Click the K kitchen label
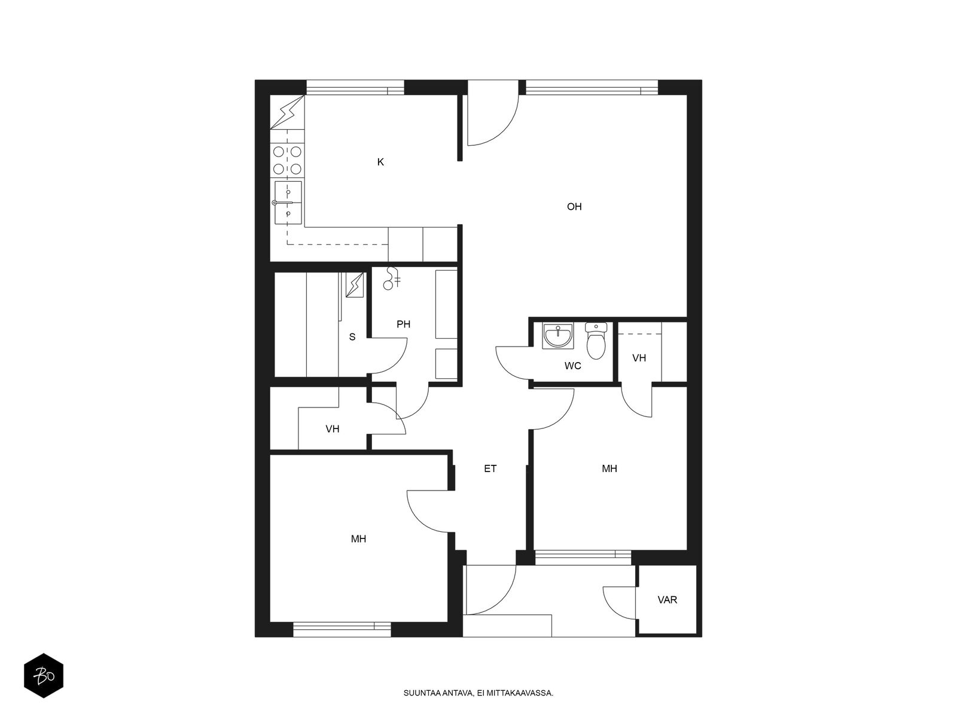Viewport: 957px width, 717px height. pos(380,162)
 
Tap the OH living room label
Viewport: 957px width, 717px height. pos(574,206)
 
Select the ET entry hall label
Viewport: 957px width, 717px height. pos(490,468)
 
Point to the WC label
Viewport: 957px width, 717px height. pos(572,366)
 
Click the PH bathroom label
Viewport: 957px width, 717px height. pos(403,324)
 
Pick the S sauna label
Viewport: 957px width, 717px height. pos(352,336)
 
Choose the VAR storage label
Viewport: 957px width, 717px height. pos(667,600)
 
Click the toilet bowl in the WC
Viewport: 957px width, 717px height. pos(596,341)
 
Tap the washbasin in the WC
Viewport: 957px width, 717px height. pos(557,336)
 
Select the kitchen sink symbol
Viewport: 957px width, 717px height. pos(288,203)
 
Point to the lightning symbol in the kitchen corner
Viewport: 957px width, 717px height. pos(287,112)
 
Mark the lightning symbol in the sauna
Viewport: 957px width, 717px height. pos(355,285)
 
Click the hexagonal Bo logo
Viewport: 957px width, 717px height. pos(44,676)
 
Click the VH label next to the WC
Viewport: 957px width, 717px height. pos(639,358)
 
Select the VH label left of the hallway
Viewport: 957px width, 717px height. pos(332,429)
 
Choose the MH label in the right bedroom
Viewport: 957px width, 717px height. pos(609,468)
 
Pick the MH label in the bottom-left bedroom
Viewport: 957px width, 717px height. pos(358,539)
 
